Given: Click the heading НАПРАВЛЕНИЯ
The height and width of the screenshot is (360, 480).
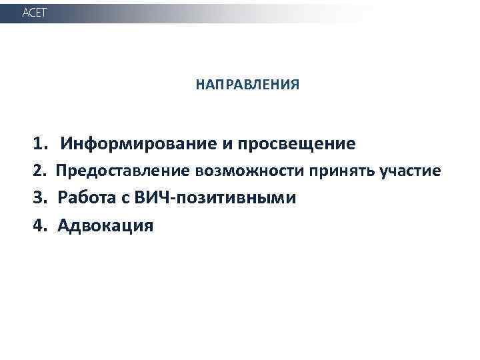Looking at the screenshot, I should coord(247,85).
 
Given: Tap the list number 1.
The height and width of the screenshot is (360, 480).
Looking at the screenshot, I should coord(40,143).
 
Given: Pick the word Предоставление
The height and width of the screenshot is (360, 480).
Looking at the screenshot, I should coord(123,171).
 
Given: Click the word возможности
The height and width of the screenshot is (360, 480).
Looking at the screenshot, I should coord(249,171).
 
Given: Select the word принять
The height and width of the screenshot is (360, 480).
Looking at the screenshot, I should coord(341,171).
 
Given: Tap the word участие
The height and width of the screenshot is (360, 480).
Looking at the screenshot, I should coord(410,171).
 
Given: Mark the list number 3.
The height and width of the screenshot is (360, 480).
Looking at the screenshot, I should coord(40,199).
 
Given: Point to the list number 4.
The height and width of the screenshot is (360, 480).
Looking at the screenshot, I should coord(40,226).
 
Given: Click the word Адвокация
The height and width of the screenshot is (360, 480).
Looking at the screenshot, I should coord(105,226).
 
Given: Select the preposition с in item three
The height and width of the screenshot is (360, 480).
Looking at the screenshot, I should coord(124,199).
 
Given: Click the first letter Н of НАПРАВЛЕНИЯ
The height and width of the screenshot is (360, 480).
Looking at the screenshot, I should coord(200,85).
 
